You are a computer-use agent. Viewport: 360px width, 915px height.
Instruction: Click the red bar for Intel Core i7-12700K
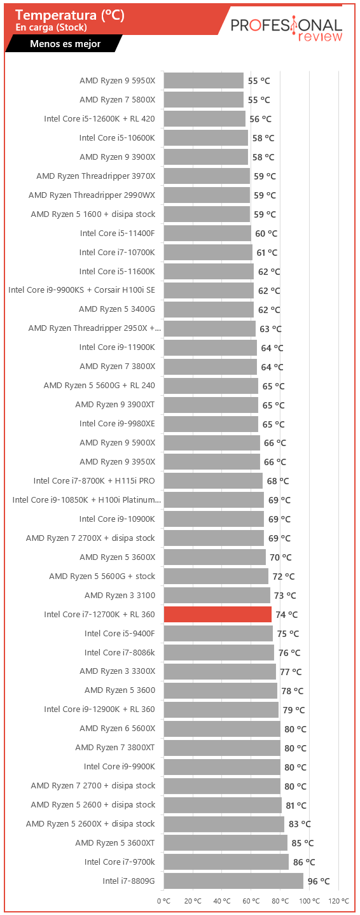[218, 615]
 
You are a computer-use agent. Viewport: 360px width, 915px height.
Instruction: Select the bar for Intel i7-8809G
[233, 881]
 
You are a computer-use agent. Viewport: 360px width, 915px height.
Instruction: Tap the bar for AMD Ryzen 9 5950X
[204, 80]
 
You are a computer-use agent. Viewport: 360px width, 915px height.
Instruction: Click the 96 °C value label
[319, 881]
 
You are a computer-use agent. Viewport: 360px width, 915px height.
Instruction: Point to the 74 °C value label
[286, 615]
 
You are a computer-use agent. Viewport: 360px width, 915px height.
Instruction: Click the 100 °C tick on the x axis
[309, 901]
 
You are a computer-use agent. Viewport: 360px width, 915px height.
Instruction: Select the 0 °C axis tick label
[164, 901]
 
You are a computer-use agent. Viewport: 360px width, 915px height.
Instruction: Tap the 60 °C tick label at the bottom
[251, 901]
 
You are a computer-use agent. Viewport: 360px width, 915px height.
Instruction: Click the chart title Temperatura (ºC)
[70, 15]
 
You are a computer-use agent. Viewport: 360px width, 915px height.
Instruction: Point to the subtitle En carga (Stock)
[52, 27]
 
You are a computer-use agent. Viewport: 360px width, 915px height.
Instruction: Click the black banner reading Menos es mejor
[64, 44]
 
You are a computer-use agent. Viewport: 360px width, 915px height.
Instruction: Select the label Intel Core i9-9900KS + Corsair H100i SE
[81, 290]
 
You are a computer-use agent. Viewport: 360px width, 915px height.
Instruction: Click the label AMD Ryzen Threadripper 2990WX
[92, 195]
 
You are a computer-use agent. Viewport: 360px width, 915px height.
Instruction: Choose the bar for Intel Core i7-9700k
[226, 862]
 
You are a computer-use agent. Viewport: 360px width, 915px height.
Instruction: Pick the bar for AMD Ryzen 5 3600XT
[226, 842]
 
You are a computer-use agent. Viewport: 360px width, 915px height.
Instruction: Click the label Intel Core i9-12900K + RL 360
[100, 709]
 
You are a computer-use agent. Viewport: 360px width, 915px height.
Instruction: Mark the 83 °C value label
[300, 824]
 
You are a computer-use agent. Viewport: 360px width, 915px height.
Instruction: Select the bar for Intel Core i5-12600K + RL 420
[205, 118]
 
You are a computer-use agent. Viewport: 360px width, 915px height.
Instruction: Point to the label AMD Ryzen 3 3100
[120, 596]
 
